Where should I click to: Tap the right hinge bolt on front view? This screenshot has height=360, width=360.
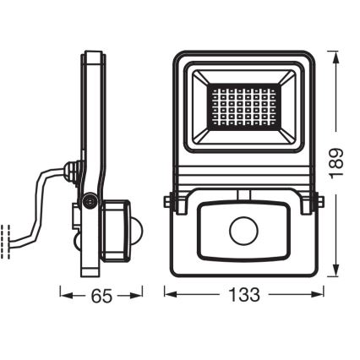[x=311, y=204]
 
